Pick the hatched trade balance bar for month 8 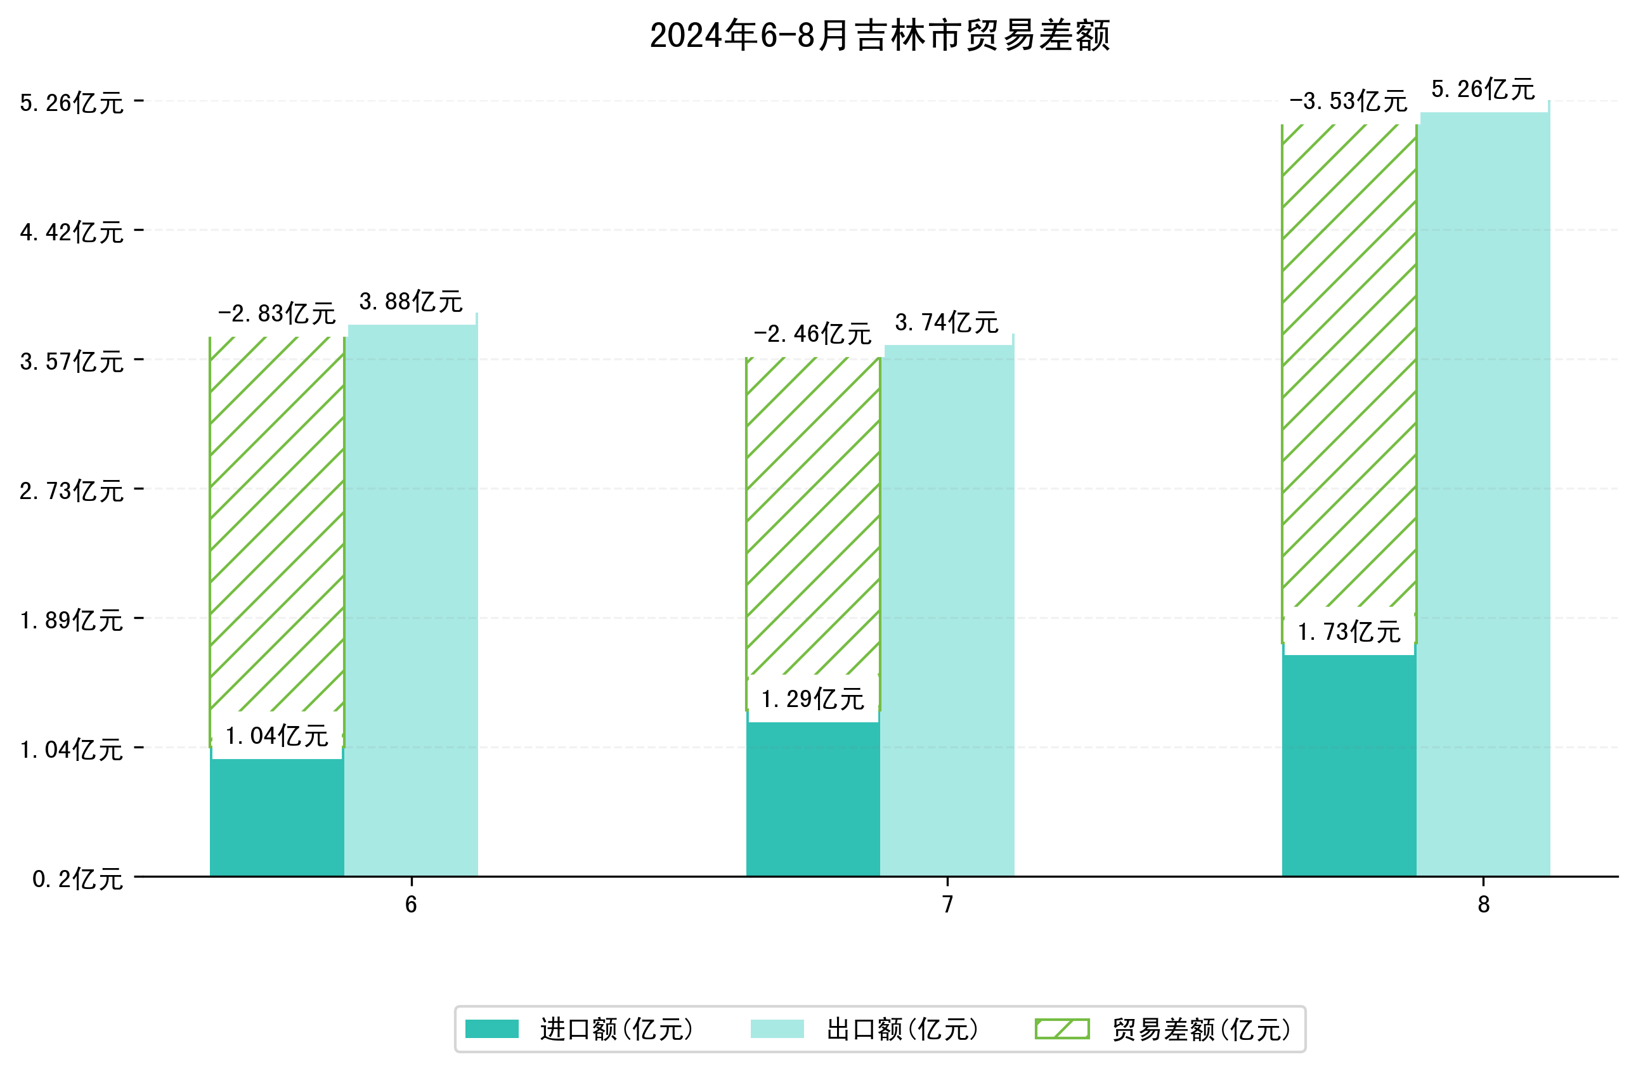pos(1348,365)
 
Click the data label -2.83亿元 pos(276,314)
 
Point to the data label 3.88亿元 pos(411,302)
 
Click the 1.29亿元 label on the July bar pos(812,699)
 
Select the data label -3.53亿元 pos(1348,101)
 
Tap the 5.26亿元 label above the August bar pos(1483,89)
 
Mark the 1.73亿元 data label pos(1348,632)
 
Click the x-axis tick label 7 pos(947,905)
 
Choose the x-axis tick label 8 pos(1483,905)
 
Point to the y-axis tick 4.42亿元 pos(72,232)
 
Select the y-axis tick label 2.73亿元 pos(72,491)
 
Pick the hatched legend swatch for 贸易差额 pos(1061,1029)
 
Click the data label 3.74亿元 pos(947,322)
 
